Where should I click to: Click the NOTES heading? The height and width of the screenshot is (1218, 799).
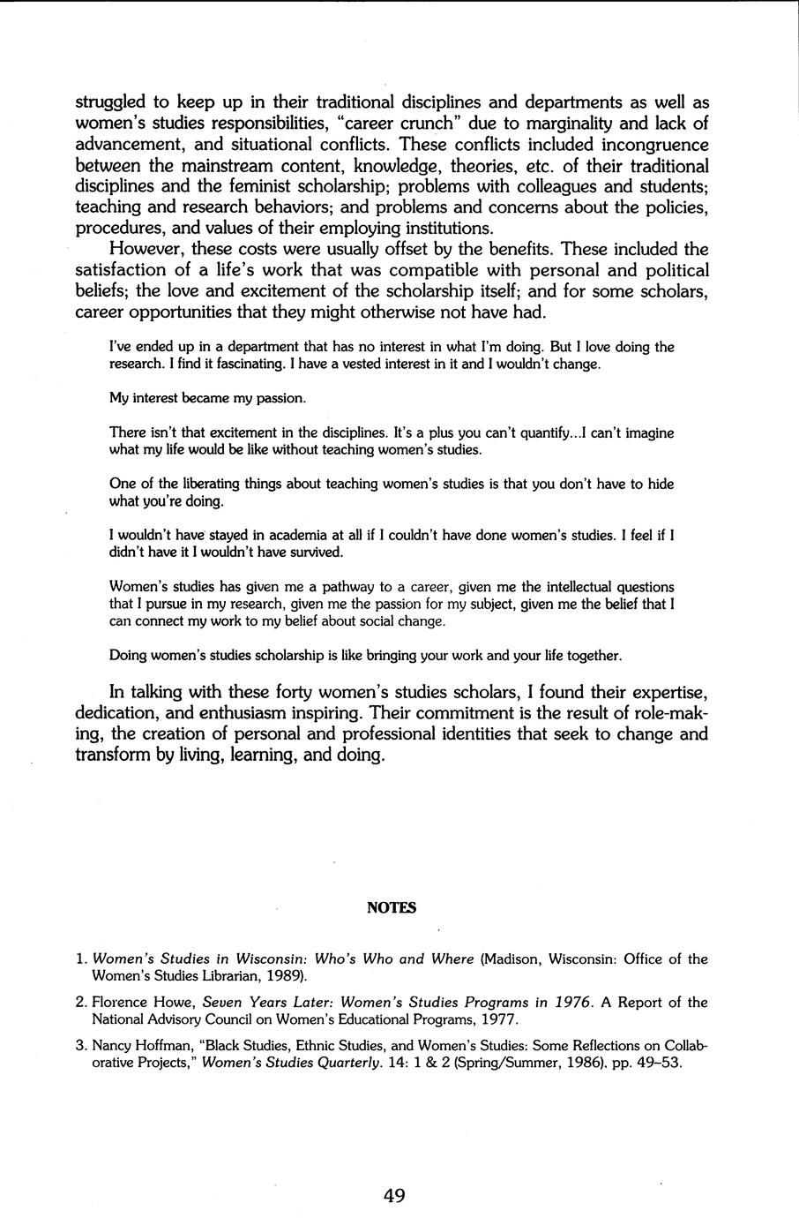(x=391, y=907)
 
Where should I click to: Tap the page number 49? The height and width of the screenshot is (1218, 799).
(x=394, y=1196)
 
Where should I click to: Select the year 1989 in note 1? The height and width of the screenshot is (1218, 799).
(x=285, y=975)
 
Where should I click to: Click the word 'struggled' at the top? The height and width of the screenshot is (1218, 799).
(x=112, y=101)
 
